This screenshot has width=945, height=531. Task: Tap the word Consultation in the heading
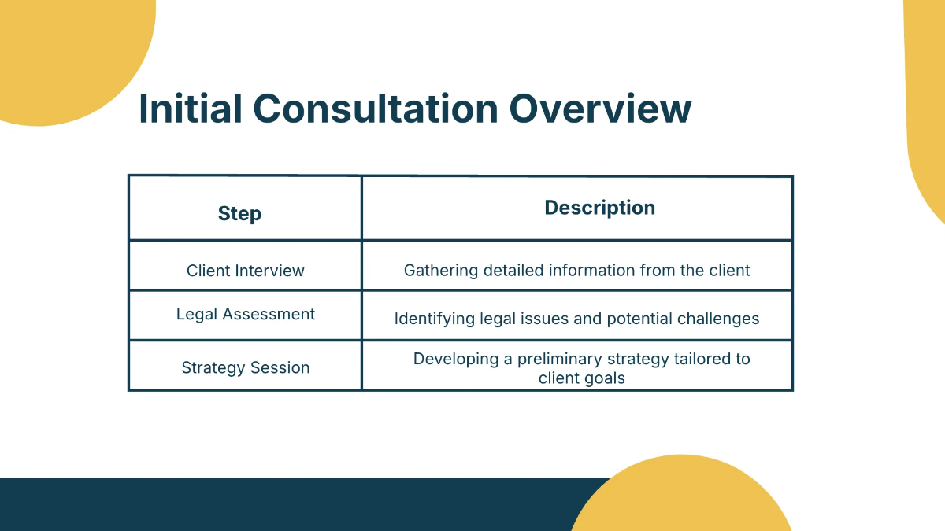pos(376,109)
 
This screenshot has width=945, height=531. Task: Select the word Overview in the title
pos(601,109)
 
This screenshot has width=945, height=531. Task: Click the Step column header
pos(239,213)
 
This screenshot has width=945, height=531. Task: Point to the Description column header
pos(599,208)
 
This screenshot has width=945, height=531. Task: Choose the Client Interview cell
pos(245,271)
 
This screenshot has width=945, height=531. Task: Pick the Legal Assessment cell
pos(245,314)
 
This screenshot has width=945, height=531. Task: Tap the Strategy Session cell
pos(245,367)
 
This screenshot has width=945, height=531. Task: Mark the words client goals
pos(581,378)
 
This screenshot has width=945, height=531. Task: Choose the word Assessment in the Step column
pos(269,314)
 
